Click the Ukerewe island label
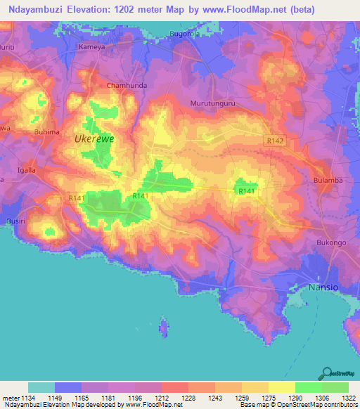click(94, 139)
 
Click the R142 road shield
click(276, 141)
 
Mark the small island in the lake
click(165, 327)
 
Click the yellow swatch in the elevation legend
click(281, 387)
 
